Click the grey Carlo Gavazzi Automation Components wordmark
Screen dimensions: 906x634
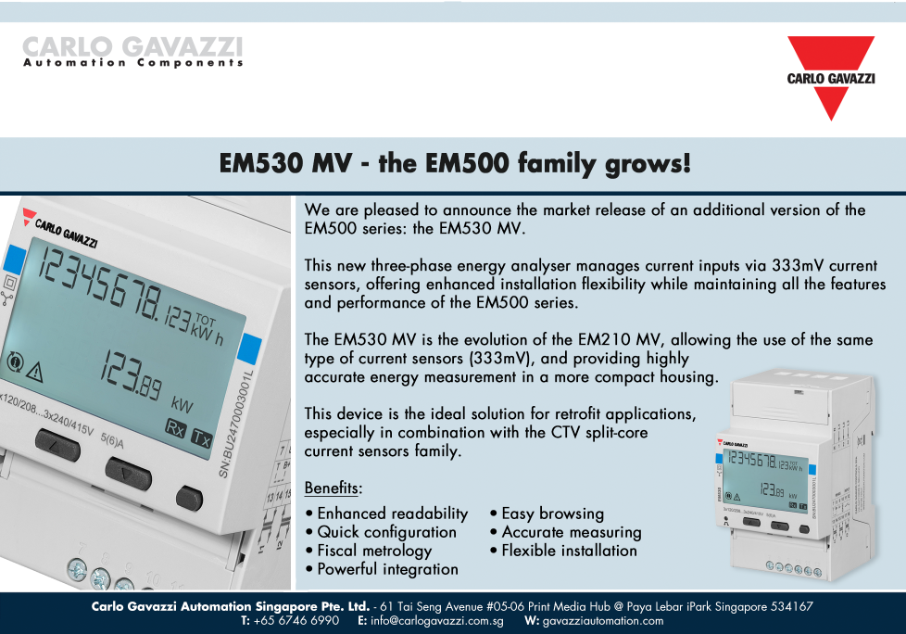(x=132, y=51)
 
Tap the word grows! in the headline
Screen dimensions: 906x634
(x=648, y=163)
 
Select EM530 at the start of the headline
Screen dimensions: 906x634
(x=261, y=163)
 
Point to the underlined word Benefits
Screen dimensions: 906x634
(x=331, y=488)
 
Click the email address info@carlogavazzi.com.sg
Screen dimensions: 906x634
(x=437, y=621)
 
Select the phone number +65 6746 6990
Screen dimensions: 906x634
(x=296, y=621)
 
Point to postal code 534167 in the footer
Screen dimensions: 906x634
(x=792, y=607)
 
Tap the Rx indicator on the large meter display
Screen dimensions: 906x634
(x=176, y=428)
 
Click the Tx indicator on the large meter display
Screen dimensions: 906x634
(x=202, y=438)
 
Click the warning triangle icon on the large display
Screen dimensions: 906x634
(x=35, y=373)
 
